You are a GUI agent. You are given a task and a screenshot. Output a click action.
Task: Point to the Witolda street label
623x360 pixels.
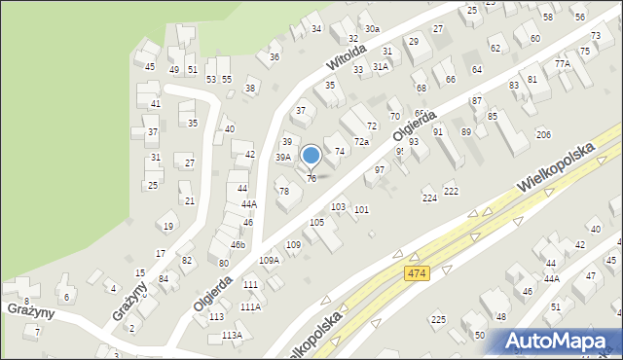346,62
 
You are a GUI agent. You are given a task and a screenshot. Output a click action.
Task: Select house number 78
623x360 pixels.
283,191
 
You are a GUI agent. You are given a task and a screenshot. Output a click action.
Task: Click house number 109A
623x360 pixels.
269,261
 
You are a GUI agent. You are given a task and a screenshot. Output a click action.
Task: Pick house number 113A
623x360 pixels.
232,335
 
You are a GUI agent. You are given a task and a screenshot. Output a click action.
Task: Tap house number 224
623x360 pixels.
429,198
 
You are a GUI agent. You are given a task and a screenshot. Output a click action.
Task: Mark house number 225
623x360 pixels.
438,320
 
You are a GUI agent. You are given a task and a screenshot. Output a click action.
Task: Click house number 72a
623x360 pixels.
361,142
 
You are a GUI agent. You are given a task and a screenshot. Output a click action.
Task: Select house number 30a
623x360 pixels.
372,30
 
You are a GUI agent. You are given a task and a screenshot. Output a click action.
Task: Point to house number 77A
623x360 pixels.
563,63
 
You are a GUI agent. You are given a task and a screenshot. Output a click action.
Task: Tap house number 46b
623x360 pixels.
238,244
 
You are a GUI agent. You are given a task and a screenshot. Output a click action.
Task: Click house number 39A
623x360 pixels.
282,157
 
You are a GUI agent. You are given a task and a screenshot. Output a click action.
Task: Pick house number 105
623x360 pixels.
316,223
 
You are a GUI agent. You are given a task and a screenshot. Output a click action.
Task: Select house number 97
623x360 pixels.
380,170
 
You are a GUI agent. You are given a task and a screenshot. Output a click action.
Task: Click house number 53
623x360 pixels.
210,78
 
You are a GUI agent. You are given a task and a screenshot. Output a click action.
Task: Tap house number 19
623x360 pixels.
168,227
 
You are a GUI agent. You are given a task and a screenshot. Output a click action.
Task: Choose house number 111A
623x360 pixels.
250,306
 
